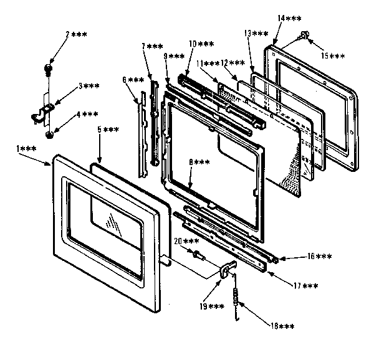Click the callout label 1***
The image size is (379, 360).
point(26,148)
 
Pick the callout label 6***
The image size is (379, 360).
point(133,80)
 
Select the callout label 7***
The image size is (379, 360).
point(152,47)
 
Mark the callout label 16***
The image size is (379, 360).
point(320,256)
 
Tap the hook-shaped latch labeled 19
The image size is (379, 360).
point(228,268)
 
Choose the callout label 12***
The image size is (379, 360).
point(233,64)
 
